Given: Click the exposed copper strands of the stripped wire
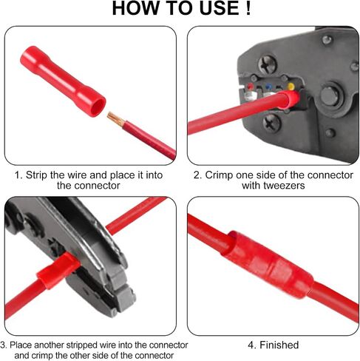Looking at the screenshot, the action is point(116,119).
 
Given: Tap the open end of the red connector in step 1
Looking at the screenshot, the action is point(98,107).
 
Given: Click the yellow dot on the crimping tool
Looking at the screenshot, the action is point(291,87).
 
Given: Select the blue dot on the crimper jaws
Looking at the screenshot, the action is point(268,87).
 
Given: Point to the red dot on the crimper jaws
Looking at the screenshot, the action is point(251,87).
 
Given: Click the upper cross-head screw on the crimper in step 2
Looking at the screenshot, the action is point(268,64).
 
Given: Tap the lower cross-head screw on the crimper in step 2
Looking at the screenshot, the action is point(271,124).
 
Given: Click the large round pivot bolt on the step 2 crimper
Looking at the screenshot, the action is point(330,96).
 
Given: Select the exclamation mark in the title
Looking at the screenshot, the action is point(248,8).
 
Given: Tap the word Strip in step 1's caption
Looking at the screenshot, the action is point(36,175).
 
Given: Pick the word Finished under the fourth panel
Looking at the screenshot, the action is point(279,345).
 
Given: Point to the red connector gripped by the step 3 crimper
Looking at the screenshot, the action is point(58,271).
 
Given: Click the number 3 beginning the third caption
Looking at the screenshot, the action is point(2,345).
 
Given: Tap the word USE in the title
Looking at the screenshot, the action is point(219,8).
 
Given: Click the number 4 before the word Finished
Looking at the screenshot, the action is point(251,345).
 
